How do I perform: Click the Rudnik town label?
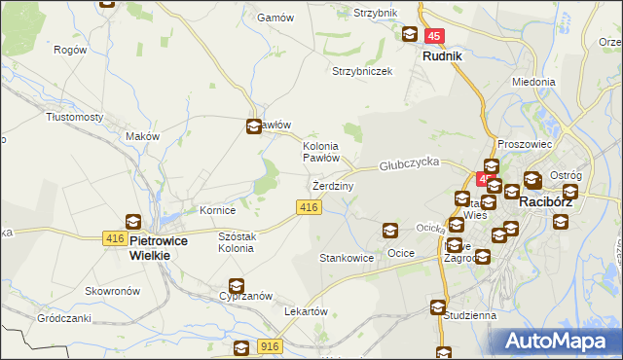[x=442, y=55]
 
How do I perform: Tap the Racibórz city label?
[x=550, y=202]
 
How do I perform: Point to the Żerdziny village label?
[x=333, y=185]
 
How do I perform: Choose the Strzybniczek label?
[x=362, y=71]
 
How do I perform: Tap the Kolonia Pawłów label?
[x=320, y=151]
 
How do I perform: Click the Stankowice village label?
[x=347, y=258]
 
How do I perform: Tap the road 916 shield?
[x=271, y=345]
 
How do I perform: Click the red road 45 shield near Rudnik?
[x=434, y=36]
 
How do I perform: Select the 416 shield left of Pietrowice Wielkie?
[x=114, y=238]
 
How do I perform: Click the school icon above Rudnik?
[x=411, y=35]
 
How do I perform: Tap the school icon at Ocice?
[x=389, y=231]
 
